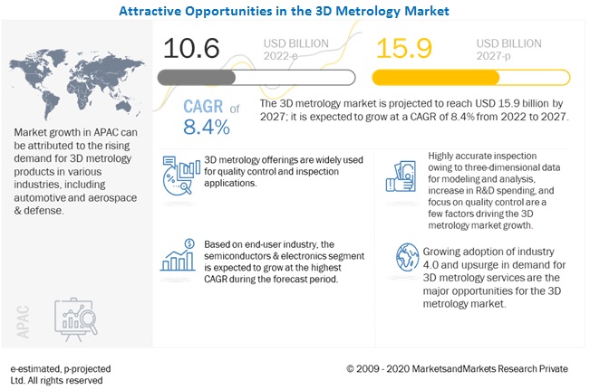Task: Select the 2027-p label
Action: (x=498, y=58)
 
